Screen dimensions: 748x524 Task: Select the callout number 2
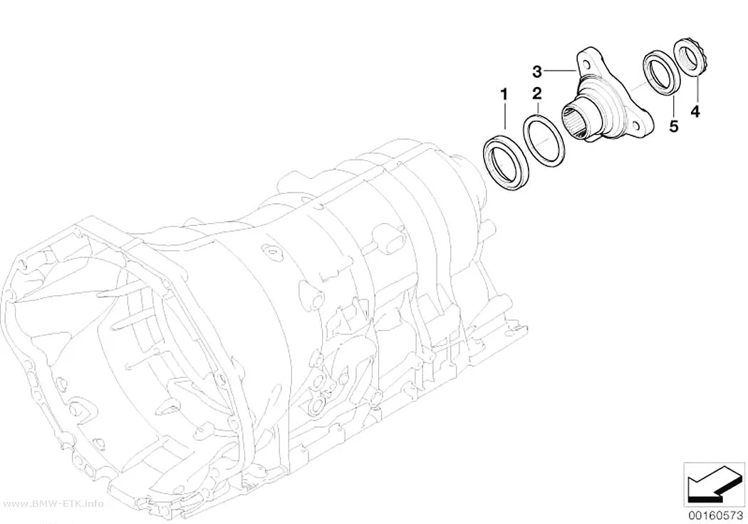point(538,93)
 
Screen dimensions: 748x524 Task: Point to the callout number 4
point(695,112)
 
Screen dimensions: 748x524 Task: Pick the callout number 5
point(674,126)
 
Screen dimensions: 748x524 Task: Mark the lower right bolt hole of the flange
point(636,125)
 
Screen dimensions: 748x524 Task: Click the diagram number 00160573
point(715,515)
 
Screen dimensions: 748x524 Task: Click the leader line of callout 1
point(504,115)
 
